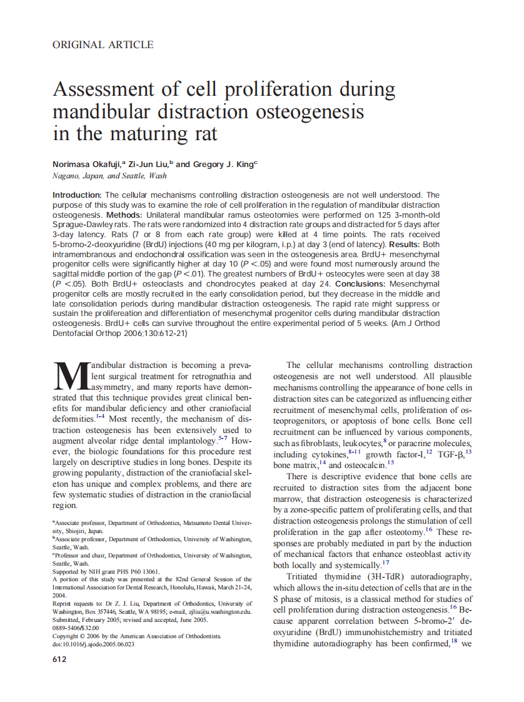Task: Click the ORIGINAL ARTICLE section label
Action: click(103, 44)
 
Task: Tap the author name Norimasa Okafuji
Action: click(88, 164)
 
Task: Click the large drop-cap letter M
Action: click(71, 378)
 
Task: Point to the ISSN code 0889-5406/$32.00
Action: click(76, 628)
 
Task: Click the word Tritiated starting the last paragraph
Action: click(306, 576)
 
